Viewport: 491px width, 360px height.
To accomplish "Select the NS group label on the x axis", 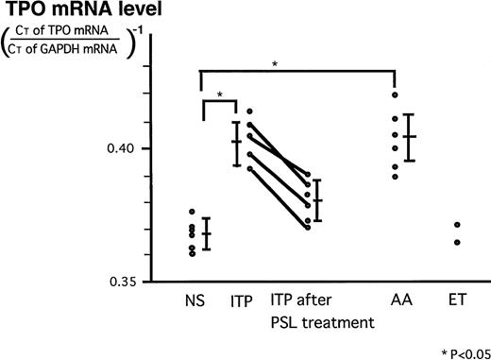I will tap(197, 303).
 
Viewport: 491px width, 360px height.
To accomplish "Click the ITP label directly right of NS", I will tap(241, 303).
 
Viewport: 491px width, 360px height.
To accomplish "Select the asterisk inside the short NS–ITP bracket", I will tap(220, 95).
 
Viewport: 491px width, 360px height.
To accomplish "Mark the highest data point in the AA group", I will tap(395, 94).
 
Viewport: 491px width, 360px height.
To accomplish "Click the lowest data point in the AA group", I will tap(395, 177).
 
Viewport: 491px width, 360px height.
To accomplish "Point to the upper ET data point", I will tap(457, 225).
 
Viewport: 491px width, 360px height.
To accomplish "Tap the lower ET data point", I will tap(457, 242).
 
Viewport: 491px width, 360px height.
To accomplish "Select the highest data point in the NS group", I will tap(193, 212).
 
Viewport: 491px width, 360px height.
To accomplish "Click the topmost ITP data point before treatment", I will tap(249, 111).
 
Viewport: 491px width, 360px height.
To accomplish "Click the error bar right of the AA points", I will tap(409, 137).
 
